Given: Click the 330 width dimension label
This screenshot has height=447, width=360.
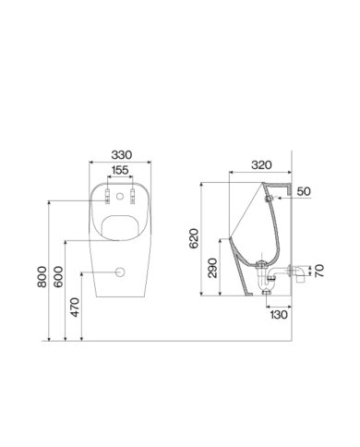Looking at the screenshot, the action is click(x=122, y=155).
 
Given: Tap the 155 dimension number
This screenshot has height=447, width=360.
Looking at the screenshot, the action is click(x=120, y=170).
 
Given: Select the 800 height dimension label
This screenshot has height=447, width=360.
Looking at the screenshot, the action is click(x=42, y=277).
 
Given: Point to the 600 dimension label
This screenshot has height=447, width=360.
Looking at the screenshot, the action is click(x=58, y=277).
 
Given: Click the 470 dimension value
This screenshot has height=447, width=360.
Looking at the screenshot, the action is click(x=75, y=307).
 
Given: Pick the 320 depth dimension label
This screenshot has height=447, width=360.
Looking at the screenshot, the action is click(x=261, y=165).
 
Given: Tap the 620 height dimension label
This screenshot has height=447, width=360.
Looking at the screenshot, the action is click(x=194, y=238).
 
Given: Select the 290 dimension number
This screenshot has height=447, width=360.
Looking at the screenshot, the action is click(x=212, y=268).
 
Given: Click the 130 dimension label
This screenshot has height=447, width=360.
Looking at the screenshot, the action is click(x=279, y=315).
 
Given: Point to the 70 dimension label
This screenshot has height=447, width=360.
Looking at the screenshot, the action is click(x=319, y=271).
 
